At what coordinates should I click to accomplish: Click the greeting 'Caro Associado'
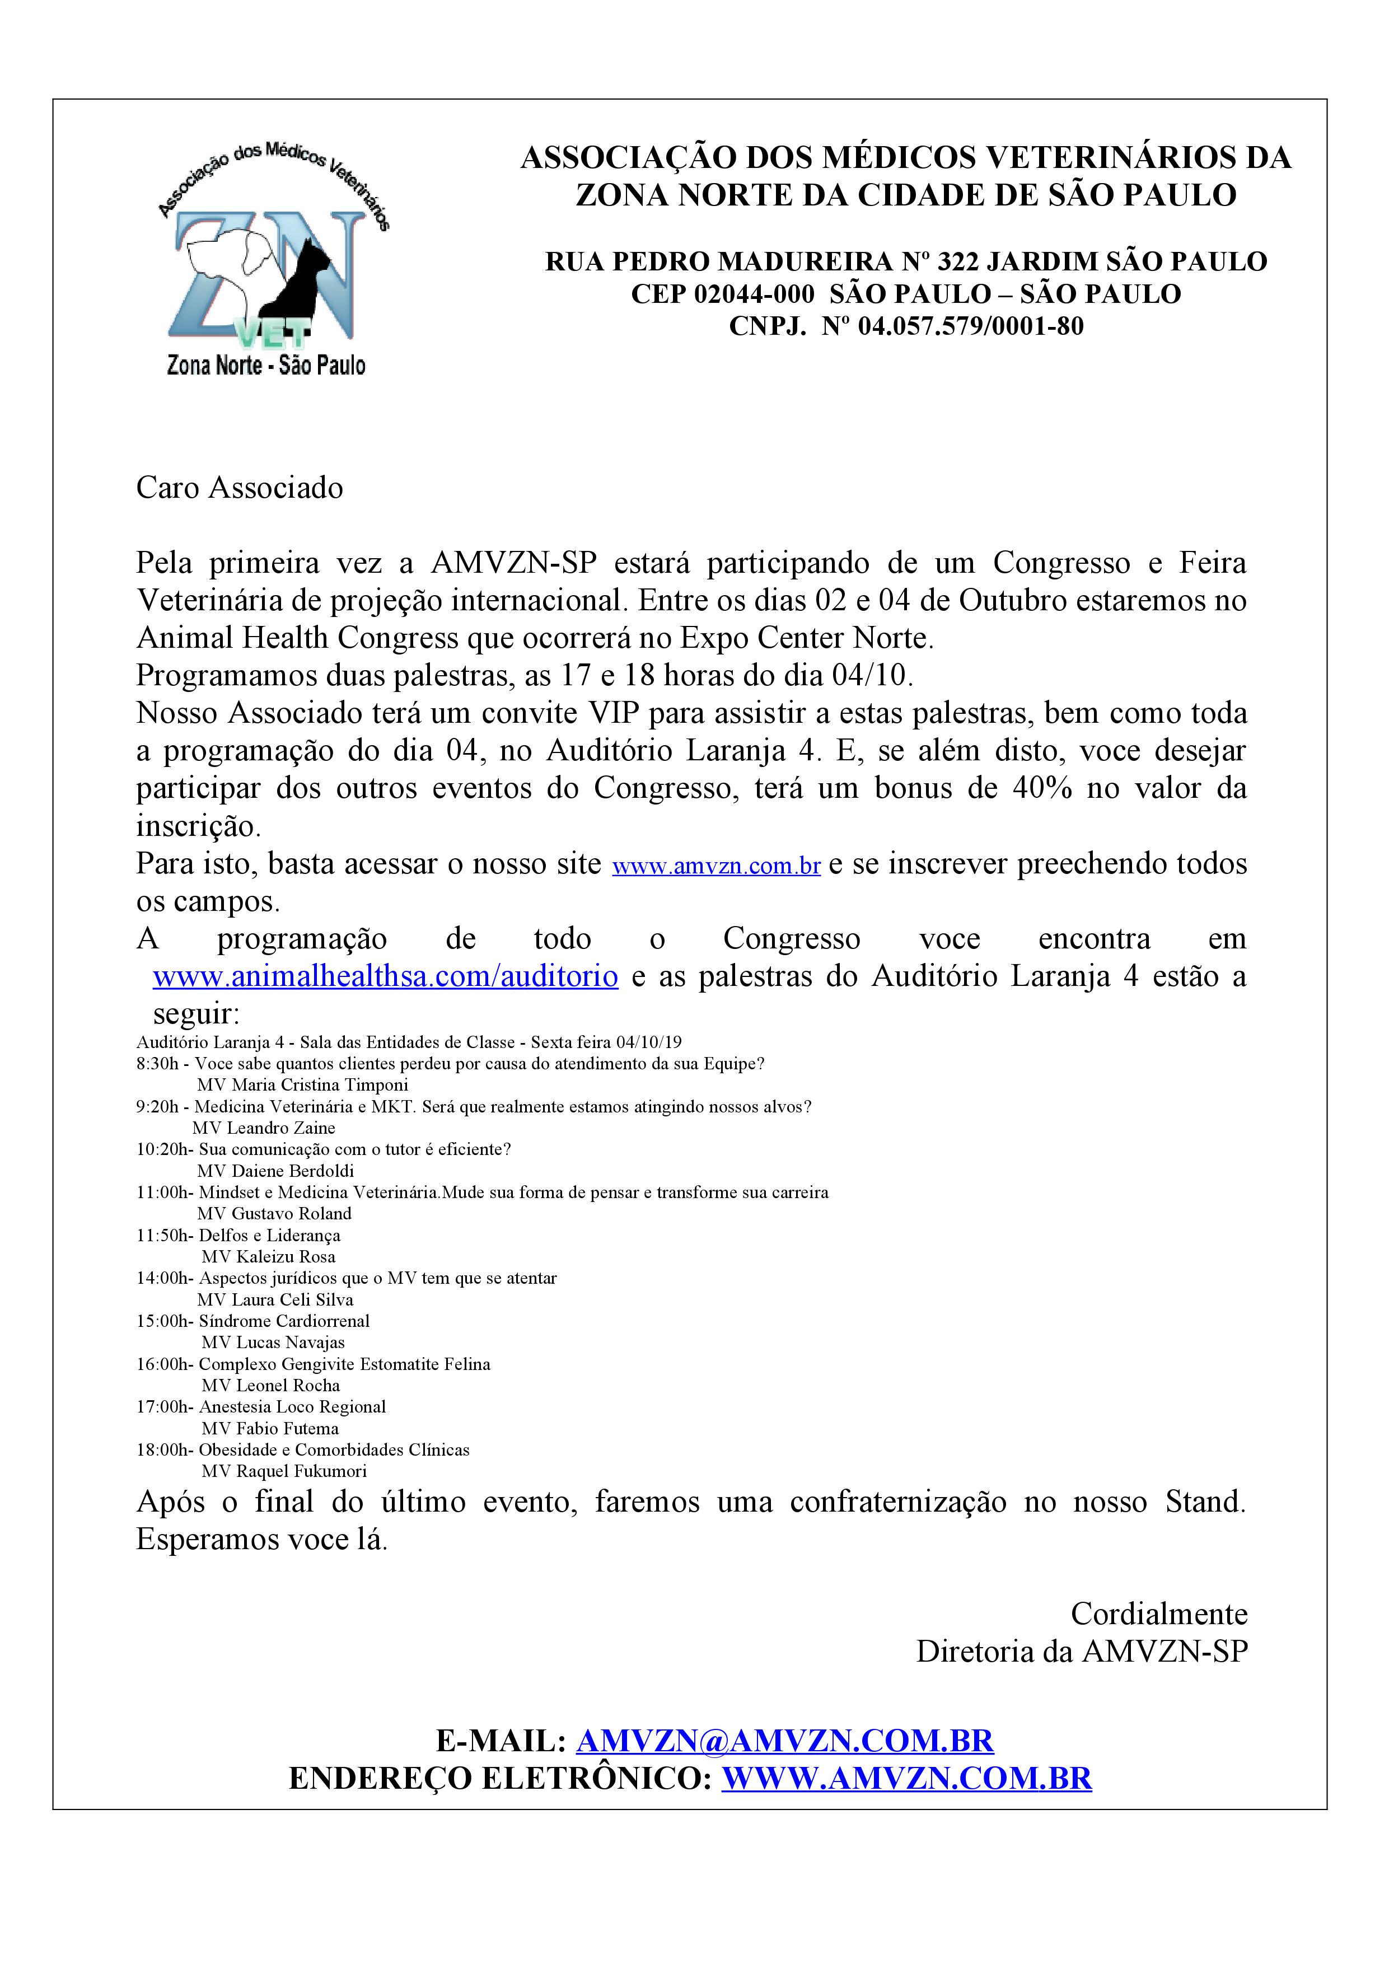(x=240, y=488)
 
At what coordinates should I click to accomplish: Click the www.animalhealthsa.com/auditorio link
(x=385, y=976)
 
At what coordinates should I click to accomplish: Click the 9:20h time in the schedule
(x=157, y=1107)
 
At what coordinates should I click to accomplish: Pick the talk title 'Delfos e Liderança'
(x=269, y=1235)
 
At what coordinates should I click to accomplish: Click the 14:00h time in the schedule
(x=163, y=1278)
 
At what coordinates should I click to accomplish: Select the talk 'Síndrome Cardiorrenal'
(x=284, y=1321)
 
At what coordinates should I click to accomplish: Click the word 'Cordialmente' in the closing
(x=1159, y=1614)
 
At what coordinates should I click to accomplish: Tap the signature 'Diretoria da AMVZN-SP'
(x=1082, y=1652)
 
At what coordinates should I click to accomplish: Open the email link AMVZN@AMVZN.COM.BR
(x=784, y=1741)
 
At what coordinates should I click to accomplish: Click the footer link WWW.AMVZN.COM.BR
(x=906, y=1778)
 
